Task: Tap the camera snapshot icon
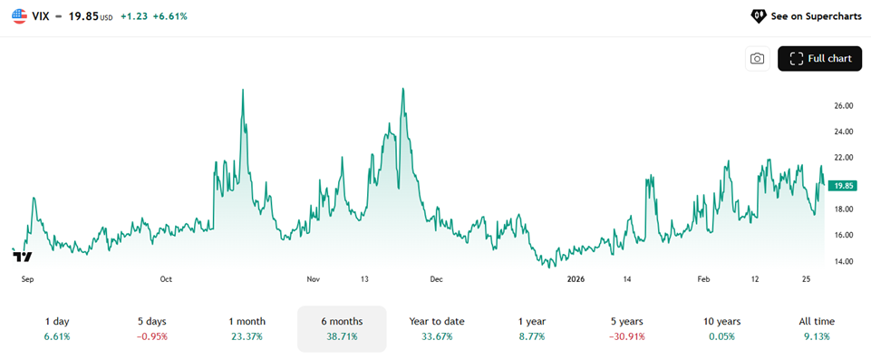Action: (757, 59)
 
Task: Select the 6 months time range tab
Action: (342, 328)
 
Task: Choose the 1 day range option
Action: (57, 328)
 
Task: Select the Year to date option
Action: (437, 328)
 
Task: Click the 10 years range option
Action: (721, 328)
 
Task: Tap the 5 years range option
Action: (627, 328)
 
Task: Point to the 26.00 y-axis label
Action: (843, 105)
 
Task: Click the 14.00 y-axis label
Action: (843, 261)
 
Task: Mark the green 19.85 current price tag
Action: (844, 186)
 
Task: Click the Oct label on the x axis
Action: (166, 280)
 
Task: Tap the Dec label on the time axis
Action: (436, 280)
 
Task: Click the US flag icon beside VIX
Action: (20, 16)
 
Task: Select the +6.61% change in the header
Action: (169, 16)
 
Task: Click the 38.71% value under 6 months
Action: (342, 336)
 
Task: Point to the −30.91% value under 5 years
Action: (627, 336)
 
